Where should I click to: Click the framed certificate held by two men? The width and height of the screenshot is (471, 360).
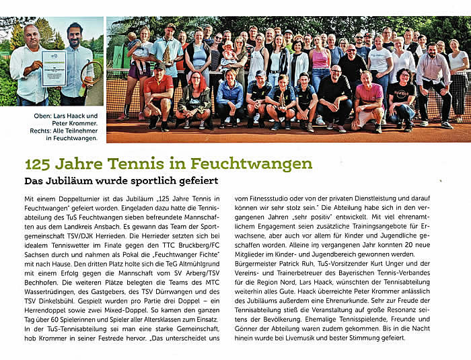point(54,68)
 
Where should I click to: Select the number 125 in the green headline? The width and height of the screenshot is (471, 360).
point(38,164)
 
